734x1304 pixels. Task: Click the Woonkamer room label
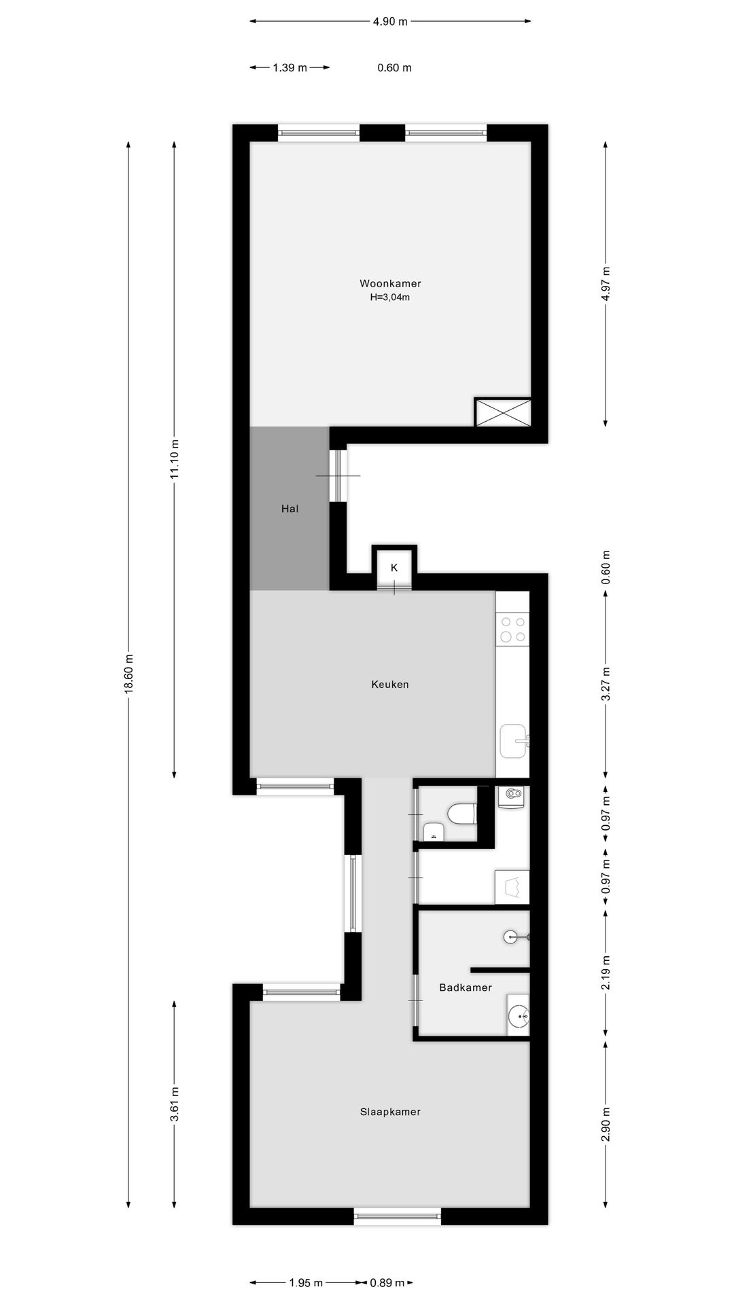pos(390,283)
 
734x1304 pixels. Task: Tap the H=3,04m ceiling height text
pos(390,297)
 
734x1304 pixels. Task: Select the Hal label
pos(290,508)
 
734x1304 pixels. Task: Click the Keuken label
pos(390,684)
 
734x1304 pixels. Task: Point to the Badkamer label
pos(466,988)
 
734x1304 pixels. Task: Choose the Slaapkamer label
pos(390,1112)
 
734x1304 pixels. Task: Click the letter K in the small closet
pos(394,567)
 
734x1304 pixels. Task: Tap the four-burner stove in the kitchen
pos(512,629)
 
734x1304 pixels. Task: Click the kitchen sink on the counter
pos(513,741)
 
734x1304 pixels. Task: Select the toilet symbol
pos(464,813)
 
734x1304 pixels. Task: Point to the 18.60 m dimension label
pos(128,673)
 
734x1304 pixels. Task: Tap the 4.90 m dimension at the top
pos(390,21)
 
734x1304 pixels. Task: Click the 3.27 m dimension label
pos(606,684)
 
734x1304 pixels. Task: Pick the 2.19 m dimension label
pos(606,973)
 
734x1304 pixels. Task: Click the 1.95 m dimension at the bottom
pos(306,1283)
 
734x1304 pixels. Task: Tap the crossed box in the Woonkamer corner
pos(502,413)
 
